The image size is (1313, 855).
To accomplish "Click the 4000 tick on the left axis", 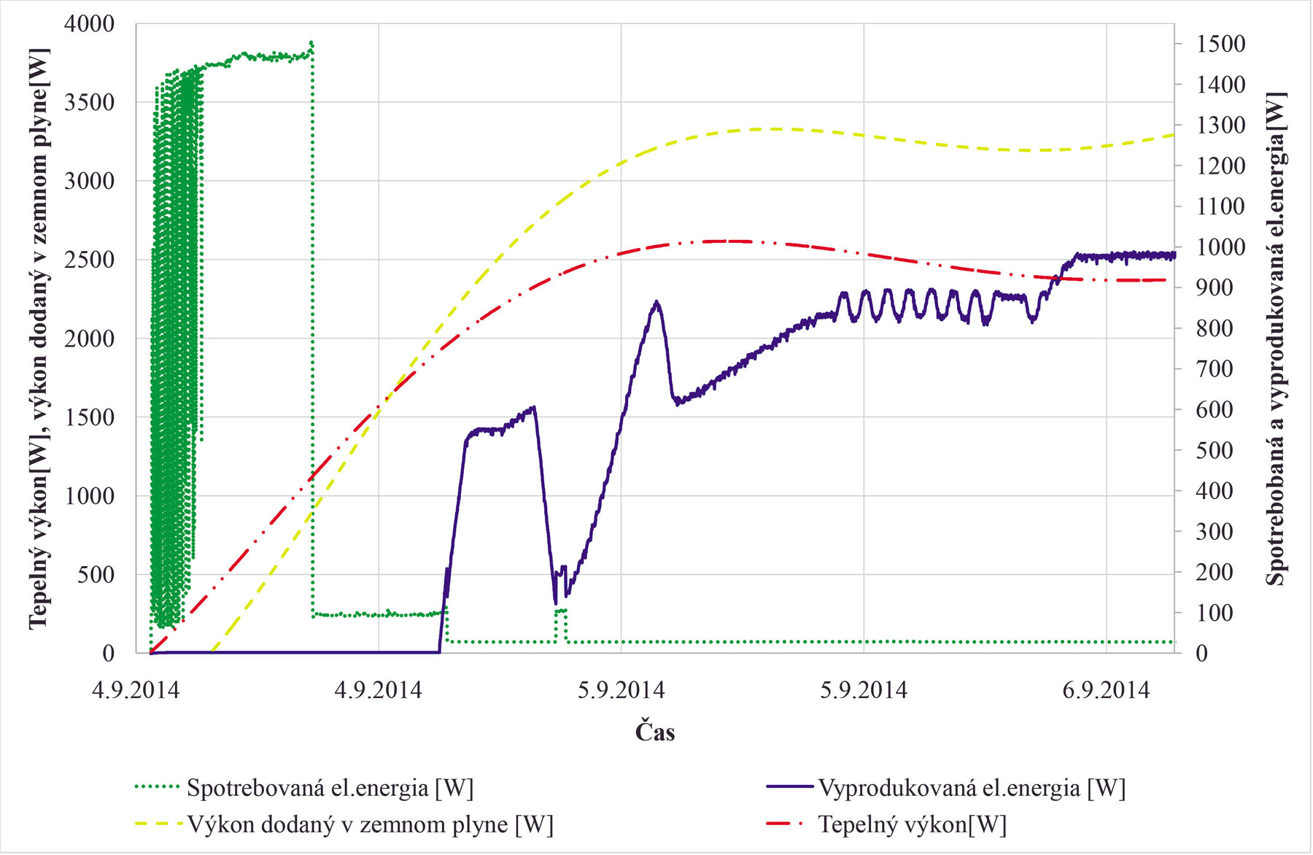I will tap(89, 24).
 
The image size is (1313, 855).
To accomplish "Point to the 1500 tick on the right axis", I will tap(1220, 44).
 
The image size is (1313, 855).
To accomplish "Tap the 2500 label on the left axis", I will tap(89, 260).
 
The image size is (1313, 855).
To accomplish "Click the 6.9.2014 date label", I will tap(1106, 689).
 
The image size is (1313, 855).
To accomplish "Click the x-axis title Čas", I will tap(654, 732).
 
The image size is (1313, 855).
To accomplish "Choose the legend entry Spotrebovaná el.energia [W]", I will tap(330, 788).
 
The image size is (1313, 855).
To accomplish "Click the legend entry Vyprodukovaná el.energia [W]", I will tap(972, 788).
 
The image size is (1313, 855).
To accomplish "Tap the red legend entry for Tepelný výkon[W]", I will tap(912, 824).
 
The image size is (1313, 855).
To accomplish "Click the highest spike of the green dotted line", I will tap(311, 42).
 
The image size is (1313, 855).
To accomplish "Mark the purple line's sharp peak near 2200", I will tap(657, 301).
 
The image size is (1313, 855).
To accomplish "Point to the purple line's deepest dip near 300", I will tap(556, 604).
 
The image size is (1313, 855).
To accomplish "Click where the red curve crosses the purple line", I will tap(1057, 277).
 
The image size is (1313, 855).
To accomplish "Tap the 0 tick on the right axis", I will tap(1201, 653).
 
